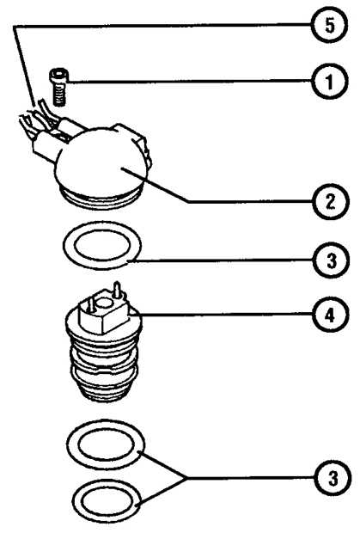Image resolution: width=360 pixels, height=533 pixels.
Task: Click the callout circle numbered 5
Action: pyautogui.click(x=329, y=26)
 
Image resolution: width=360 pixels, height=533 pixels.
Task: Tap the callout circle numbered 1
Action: pyautogui.click(x=329, y=82)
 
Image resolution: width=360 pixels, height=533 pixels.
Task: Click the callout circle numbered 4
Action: pyautogui.click(x=330, y=315)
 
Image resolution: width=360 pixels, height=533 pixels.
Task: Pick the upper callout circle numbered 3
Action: pyautogui.click(x=331, y=260)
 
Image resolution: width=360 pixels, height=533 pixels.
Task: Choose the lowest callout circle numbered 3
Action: pyautogui.click(x=333, y=479)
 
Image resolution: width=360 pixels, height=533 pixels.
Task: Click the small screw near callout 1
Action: pyautogui.click(x=58, y=88)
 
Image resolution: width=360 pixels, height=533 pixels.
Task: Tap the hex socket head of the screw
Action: pyautogui.click(x=58, y=75)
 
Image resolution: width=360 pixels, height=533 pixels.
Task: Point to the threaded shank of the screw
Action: pyautogui.click(x=59, y=95)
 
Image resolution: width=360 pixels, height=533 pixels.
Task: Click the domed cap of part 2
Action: pyautogui.click(x=101, y=160)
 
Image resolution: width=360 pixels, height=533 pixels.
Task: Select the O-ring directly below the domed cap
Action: pyautogui.click(x=102, y=245)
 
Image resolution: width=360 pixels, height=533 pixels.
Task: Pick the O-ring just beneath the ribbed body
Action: pyautogui.click(x=106, y=444)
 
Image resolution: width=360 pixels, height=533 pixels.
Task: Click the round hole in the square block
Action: pyautogui.click(x=104, y=302)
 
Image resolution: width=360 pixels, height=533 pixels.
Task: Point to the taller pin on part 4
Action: pyautogui.click(x=117, y=289)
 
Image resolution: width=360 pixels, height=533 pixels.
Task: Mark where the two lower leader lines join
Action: pyautogui.click(x=185, y=478)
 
